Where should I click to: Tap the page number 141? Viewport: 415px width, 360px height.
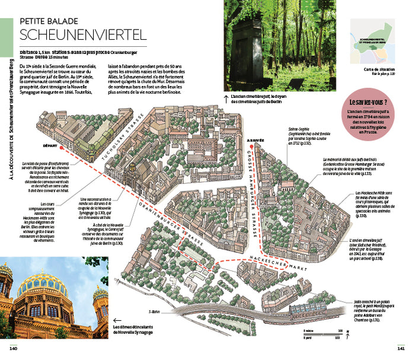401,348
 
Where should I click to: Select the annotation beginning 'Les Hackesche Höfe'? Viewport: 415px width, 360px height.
359,204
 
